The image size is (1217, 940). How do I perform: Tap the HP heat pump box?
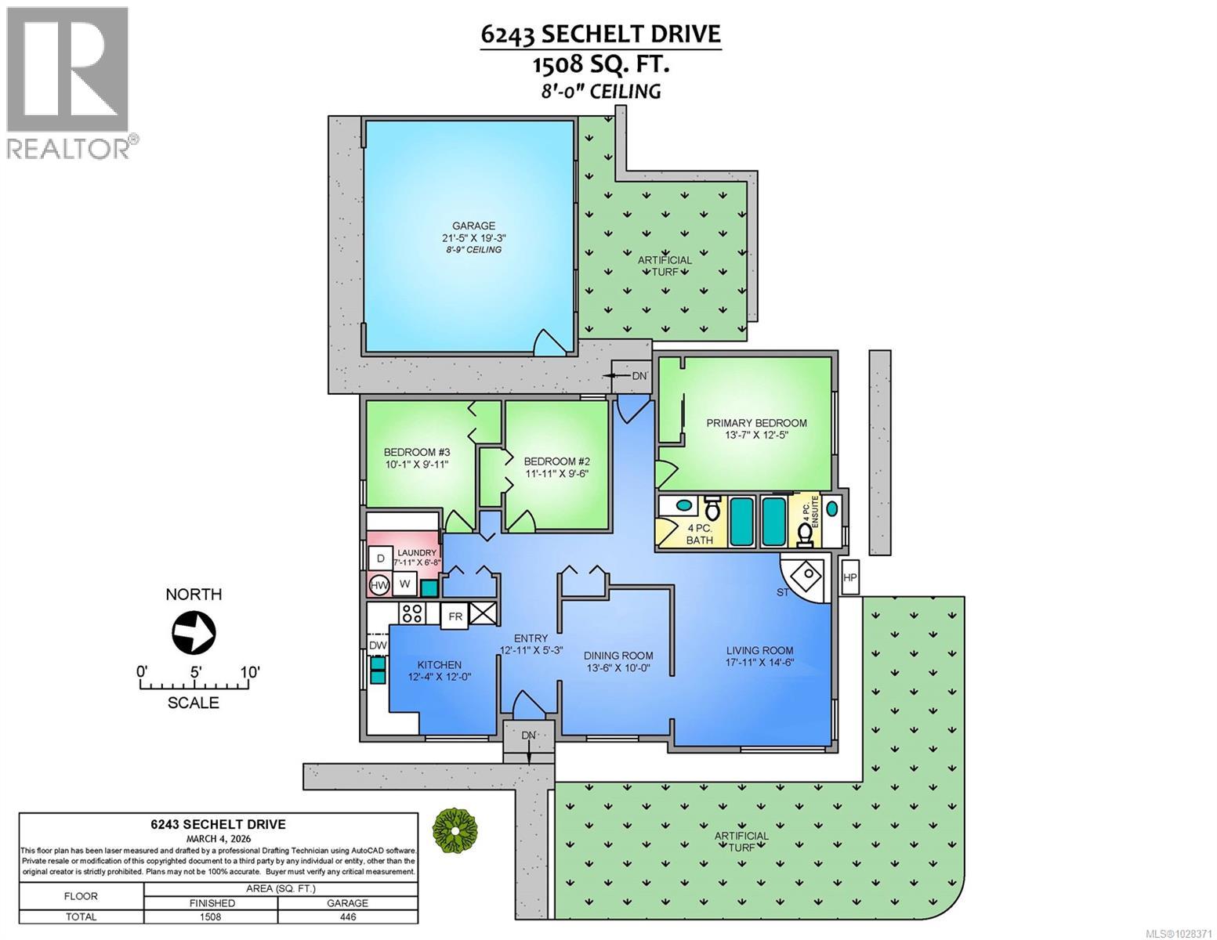coord(850,577)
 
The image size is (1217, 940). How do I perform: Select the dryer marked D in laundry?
coord(381,559)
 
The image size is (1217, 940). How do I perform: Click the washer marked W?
coord(404,584)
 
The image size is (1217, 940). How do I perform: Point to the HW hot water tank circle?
coord(379,585)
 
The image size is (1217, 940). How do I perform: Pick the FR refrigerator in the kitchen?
coord(455,616)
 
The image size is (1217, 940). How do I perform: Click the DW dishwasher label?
coord(378,645)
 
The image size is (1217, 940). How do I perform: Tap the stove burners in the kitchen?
coord(412,613)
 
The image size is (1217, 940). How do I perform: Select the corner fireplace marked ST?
coord(806,577)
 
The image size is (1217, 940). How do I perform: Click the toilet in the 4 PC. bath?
coord(712,508)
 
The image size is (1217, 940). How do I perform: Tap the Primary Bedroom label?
coord(756,423)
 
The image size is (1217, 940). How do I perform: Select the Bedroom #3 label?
coord(416,452)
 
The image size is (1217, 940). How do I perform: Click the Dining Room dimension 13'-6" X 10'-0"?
coord(618,668)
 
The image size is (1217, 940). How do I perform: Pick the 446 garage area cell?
coord(347,916)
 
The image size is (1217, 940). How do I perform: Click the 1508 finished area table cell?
coord(210,916)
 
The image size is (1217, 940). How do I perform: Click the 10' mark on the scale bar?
coord(249,672)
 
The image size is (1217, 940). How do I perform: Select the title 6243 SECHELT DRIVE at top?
coord(600,34)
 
